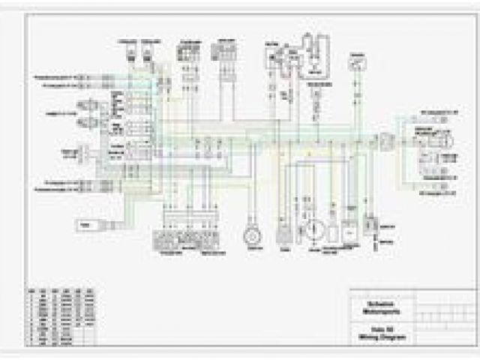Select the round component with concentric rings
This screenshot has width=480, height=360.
pos(251,235)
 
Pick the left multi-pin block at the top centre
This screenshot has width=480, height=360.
pos(187,52)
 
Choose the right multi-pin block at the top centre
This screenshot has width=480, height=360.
pos(223,50)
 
